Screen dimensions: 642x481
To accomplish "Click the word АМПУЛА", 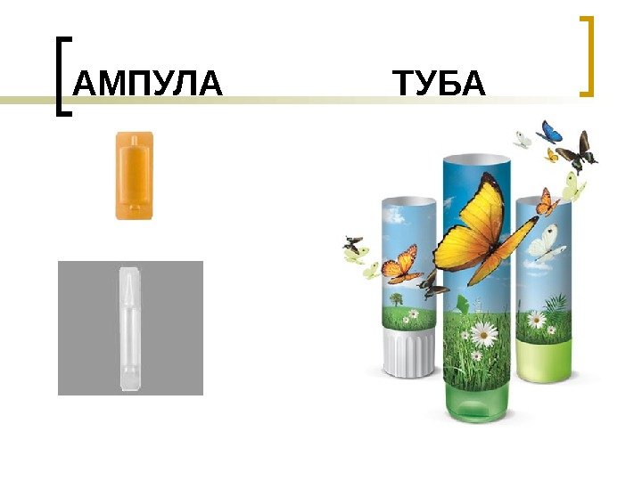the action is (x=147, y=86).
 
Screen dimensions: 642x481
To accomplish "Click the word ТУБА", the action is (x=440, y=86).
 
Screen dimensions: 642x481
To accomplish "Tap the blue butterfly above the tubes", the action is (x=551, y=132).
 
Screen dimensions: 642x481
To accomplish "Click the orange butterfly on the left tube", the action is (x=400, y=262).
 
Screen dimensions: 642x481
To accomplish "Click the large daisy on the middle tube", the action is (x=483, y=333).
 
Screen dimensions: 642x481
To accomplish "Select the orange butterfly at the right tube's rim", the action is (x=547, y=204).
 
